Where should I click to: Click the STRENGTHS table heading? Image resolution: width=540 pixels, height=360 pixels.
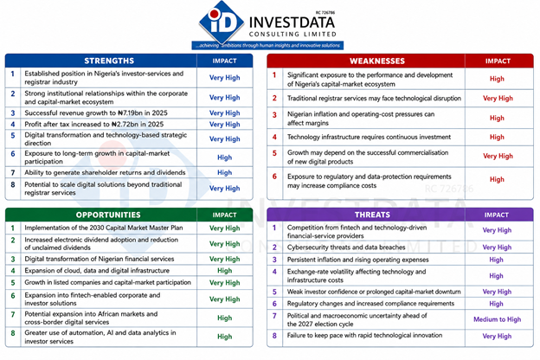(109, 61)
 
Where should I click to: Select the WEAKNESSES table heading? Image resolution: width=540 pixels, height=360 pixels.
(377, 61)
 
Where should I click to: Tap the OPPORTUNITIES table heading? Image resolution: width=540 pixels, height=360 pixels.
(108, 215)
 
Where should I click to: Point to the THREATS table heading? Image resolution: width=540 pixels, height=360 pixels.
(372, 215)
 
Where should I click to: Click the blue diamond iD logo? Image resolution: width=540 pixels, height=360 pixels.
(222, 22)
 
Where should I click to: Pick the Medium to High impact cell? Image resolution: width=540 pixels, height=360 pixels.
(497, 319)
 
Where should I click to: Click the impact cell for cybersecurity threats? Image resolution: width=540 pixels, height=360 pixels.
(497, 247)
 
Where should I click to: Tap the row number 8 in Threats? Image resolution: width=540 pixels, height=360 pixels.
(274, 336)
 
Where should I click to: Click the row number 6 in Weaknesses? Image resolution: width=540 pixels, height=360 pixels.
(274, 177)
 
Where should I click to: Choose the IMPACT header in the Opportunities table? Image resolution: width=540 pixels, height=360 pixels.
(224, 215)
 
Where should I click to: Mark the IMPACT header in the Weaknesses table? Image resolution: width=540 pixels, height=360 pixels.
(498, 61)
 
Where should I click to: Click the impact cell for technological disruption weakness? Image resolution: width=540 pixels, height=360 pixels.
(498, 99)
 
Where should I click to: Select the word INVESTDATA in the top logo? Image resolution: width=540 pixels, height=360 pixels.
(292, 22)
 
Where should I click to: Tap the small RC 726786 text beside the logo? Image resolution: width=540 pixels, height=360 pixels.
(325, 12)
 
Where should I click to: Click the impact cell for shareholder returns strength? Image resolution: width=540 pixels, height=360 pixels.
(224, 172)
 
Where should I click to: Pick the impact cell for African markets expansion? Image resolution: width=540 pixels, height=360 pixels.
(224, 318)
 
